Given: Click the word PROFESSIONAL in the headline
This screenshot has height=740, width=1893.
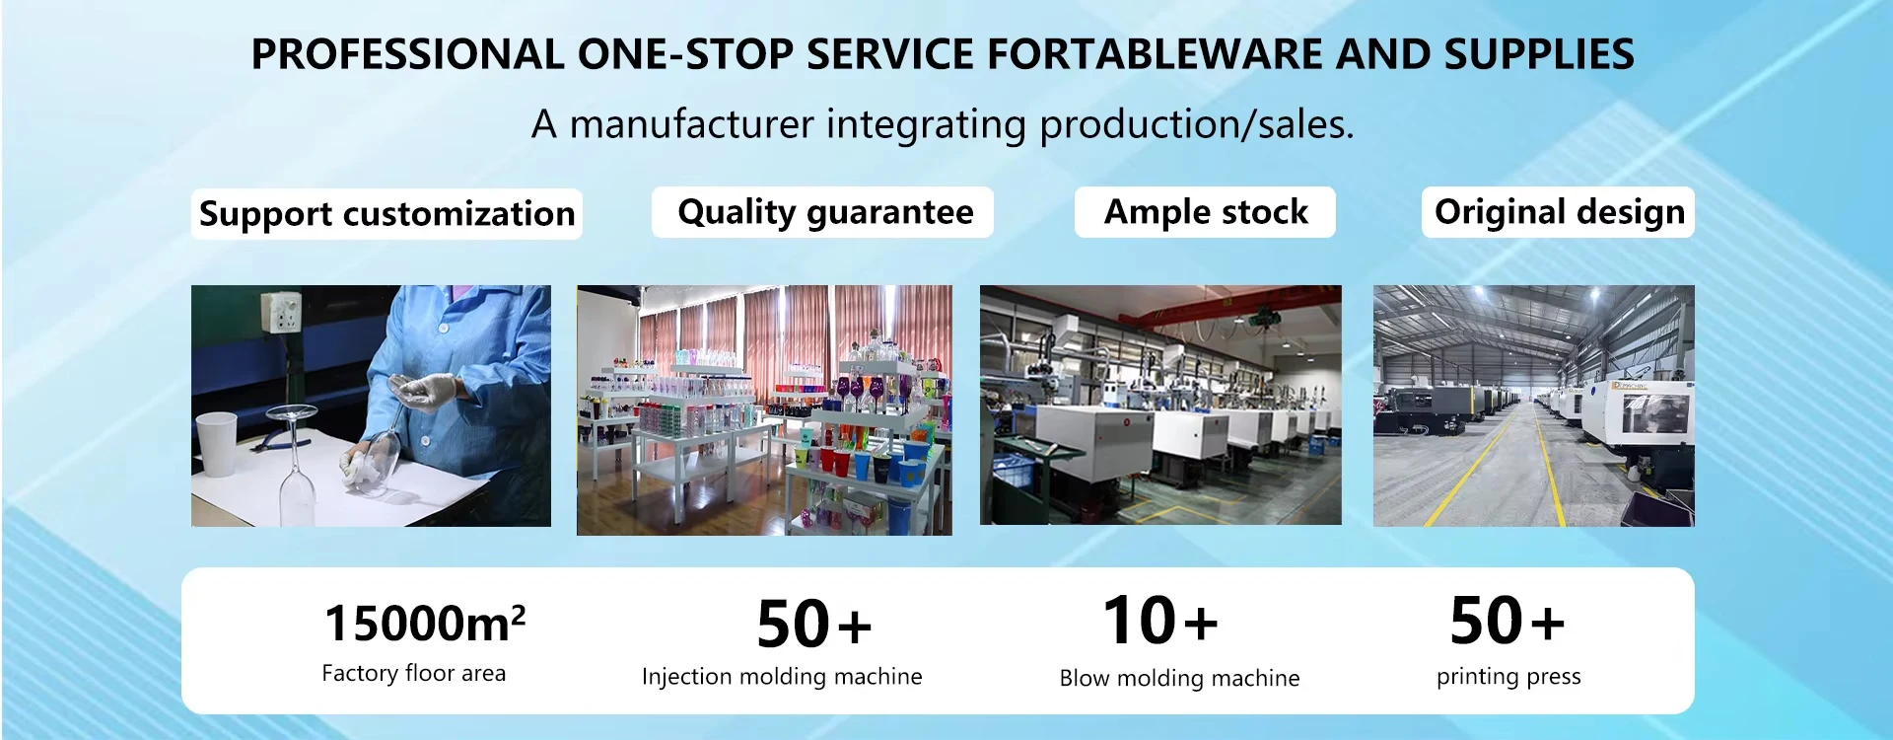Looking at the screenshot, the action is click(x=408, y=54).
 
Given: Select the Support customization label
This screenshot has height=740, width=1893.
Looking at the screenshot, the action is click(x=386, y=214).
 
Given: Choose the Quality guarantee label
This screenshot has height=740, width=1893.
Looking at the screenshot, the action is click(x=825, y=212).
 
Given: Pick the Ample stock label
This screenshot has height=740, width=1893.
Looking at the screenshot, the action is click(x=1205, y=212).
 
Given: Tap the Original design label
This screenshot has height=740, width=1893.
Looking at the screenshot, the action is click(x=1559, y=212).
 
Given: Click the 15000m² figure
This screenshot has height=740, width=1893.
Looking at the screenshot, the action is click(x=425, y=623).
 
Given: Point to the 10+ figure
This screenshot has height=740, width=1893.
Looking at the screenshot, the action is click(x=1160, y=621).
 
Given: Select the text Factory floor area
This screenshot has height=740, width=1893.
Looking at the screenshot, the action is click(x=413, y=673).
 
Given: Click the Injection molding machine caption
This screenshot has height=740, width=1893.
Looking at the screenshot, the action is click(x=782, y=677).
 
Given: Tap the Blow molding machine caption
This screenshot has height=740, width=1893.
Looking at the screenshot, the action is click(x=1179, y=679).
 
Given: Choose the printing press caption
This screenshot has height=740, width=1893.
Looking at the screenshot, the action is click(x=1508, y=677).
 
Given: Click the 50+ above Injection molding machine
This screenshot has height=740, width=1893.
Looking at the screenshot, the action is click(x=814, y=625).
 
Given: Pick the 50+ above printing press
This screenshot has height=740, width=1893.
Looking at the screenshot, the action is click(x=1507, y=621).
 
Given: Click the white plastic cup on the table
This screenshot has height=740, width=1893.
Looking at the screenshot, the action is click(x=217, y=445).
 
